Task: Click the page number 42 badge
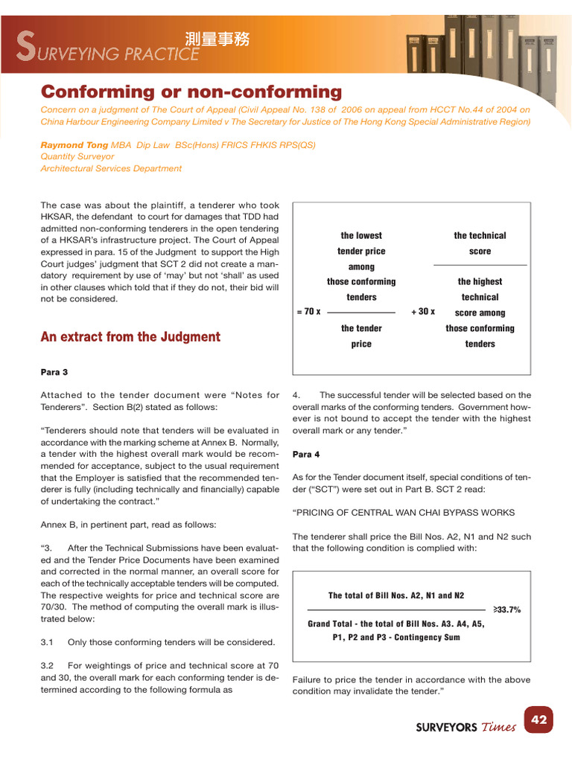tap(539, 720)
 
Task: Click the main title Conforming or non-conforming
tap(191, 92)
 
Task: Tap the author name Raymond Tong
tap(74, 145)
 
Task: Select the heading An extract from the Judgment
tap(130, 337)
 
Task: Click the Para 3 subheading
tap(54, 371)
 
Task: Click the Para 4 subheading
tap(307, 454)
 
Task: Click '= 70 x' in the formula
tap(308, 312)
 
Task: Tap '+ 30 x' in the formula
tap(423, 312)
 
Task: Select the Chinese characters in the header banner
tap(217, 39)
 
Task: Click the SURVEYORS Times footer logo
tap(465, 727)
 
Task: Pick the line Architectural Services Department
tap(111, 168)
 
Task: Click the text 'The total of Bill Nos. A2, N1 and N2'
tap(395, 596)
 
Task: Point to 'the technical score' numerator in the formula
tap(480, 243)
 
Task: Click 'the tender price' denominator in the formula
tap(361, 336)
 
